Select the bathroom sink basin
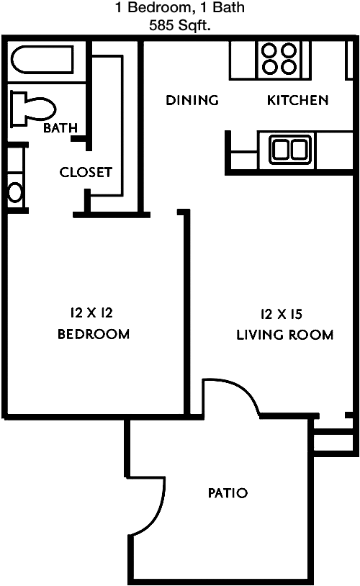click(14, 192)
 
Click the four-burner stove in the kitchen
click(279, 58)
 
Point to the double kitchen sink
click(291, 149)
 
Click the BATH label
click(60, 129)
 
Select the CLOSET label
click(86, 172)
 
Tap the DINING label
click(192, 100)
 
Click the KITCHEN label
click(298, 100)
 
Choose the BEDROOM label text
click(94, 334)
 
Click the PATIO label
click(228, 493)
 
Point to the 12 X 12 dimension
click(94, 312)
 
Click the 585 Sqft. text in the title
click(180, 25)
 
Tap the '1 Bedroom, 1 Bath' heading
click(180, 9)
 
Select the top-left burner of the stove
click(270, 51)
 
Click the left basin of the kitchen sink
click(282, 149)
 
